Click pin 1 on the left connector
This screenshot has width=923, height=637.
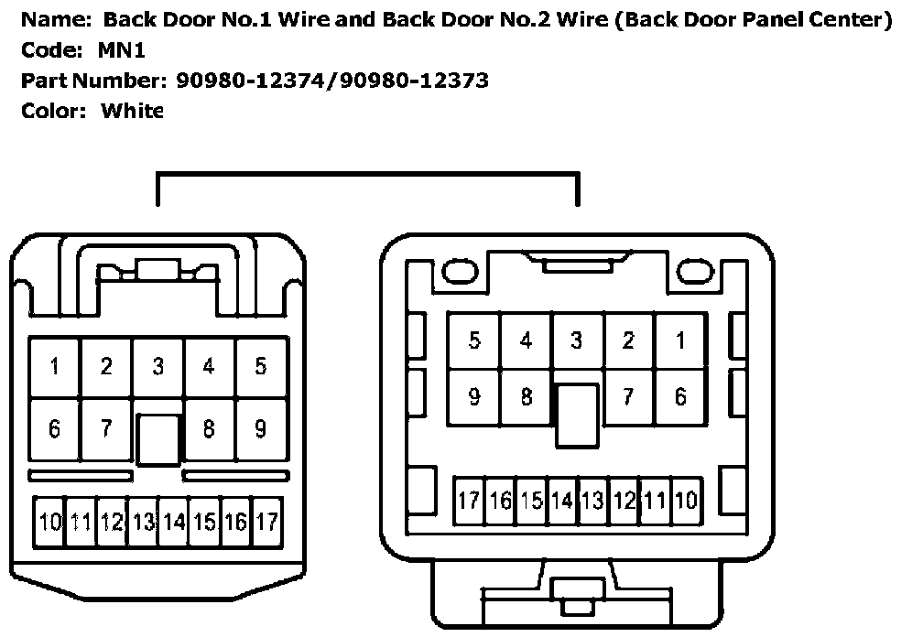pos(55,368)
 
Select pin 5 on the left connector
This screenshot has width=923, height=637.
pos(261,368)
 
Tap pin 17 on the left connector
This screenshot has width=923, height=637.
pos(266,522)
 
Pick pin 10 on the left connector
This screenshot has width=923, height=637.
pos(49,522)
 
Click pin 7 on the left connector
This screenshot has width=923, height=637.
pos(106,427)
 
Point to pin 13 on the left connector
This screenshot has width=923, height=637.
pos(143,522)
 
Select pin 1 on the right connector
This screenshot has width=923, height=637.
pos(679,341)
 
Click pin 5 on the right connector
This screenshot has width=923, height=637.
pos(474,341)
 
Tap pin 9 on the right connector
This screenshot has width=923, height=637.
pos(474,398)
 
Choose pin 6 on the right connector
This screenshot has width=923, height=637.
pos(679,398)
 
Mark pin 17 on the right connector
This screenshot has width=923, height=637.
pos(469,501)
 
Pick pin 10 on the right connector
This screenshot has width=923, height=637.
pos(686,501)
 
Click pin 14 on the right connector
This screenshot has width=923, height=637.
pos(561,501)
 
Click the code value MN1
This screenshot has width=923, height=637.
pos(121,50)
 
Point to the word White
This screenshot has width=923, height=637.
pos(133,111)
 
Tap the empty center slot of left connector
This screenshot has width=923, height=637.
pos(157,440)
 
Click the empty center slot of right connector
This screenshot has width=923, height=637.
pos(577,415)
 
